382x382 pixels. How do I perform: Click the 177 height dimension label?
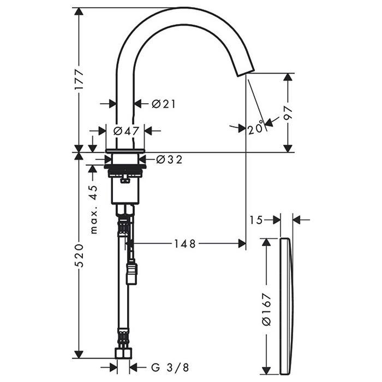pos(79,79)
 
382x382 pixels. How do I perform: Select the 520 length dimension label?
pos(79,255)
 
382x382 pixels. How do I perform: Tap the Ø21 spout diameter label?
pos(164,104)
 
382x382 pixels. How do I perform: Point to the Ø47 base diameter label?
pos(126,131)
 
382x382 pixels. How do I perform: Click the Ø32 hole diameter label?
pos(169,159)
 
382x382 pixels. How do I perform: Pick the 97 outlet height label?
pos(288,113)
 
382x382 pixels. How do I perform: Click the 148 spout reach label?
pos(185,243)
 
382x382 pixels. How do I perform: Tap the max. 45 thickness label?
pos(94,210)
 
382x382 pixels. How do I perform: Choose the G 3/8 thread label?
pos(170,367)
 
